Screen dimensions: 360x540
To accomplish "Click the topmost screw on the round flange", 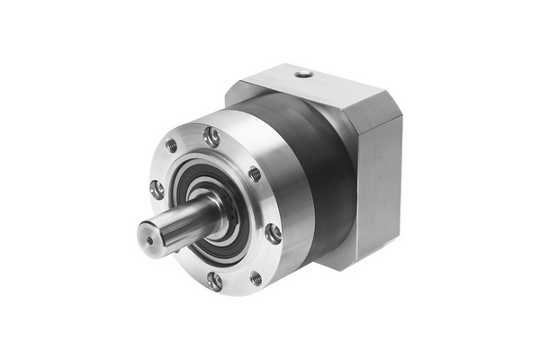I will [x=212, y=137].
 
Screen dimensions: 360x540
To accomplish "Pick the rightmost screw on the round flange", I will [x=274, y=233].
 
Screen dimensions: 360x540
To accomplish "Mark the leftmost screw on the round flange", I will [x=157, y=189].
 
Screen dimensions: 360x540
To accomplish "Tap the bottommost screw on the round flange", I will [x=214, y=281].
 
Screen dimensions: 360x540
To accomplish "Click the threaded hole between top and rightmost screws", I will [x=255, y=174].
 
